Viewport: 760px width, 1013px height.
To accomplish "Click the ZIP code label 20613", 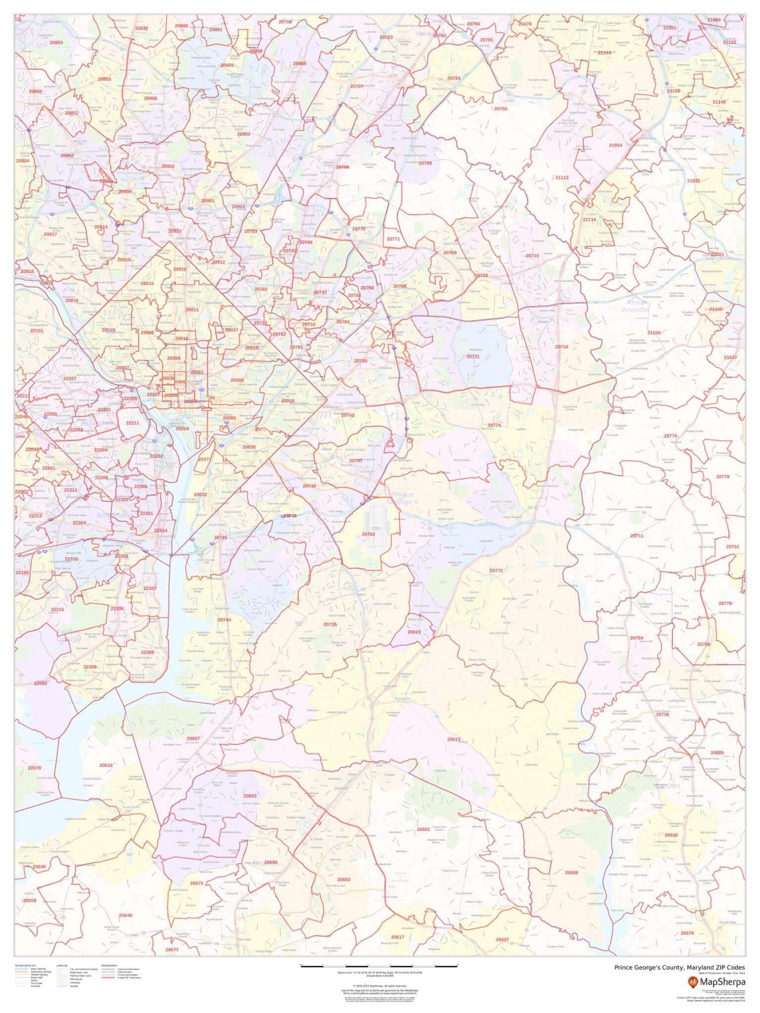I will pyautogui.click(x=454, y=739).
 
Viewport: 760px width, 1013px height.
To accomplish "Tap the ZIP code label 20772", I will pyautogui.click(x=496, y=570).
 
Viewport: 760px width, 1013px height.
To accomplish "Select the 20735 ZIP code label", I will pyautogui.click(x=330, y=625).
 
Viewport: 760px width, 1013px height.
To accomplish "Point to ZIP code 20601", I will pyautogui.click(x=424, y=829).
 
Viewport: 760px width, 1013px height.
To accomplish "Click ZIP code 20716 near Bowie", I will pyautogui.click(x=561, y=347).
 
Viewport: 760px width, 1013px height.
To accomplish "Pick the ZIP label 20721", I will pyautogui.click(x=473, y=356).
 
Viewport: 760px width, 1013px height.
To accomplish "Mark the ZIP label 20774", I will pyautogui.click(x=494, y=425).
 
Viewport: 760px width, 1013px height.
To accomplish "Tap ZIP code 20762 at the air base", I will pyautogui.click(x=368, y=534).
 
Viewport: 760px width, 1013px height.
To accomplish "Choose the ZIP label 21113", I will pyautogui.click(x=562, y=177).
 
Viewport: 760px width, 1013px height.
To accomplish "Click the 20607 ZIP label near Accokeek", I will pyautogui.click(x=193, y=738).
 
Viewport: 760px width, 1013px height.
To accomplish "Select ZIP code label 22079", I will pyautogui.click(x=34, y=768).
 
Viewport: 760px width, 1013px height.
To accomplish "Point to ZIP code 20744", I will pyautogui.click(x=224, y=620).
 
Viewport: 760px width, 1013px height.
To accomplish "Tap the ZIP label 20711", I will pyautogui.click(x=637, y=536).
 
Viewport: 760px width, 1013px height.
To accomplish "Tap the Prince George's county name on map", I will pyautogui.click(x=404, y=498).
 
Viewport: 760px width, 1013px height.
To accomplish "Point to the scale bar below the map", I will pyautogui.click(x=380, y=965).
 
